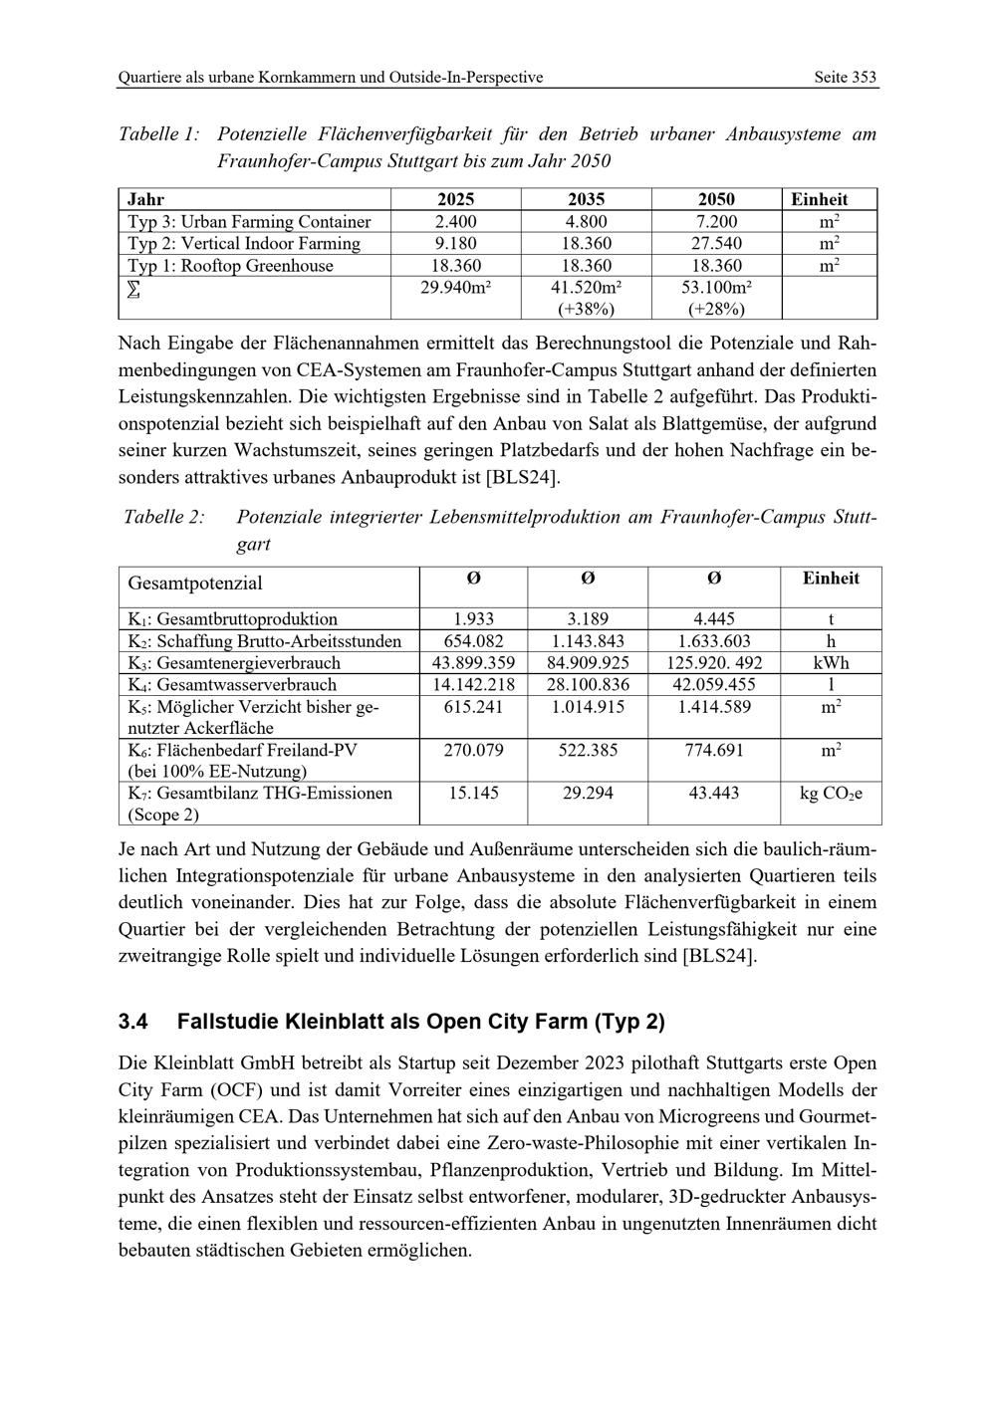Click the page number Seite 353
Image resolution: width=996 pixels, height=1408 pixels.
845,77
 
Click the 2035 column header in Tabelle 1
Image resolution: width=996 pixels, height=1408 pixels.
586,199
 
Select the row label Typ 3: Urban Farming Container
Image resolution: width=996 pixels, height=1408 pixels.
249,222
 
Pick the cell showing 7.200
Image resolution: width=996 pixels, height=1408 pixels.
715,222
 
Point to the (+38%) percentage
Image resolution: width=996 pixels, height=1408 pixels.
586,310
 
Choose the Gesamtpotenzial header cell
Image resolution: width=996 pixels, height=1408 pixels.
195,584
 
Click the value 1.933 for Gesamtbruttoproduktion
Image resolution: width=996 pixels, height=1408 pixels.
473,619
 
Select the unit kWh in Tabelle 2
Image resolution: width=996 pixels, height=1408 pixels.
831,663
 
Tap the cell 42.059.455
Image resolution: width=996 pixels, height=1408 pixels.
714,685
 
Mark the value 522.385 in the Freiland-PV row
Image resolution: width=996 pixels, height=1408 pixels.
588,750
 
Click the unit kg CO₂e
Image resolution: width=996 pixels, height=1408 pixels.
831,794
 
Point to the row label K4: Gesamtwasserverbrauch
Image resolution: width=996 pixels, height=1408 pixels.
232,685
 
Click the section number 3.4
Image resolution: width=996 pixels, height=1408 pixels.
132,1023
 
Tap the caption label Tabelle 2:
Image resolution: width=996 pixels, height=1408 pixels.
164,518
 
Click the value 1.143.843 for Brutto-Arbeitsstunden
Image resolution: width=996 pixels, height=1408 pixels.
588,641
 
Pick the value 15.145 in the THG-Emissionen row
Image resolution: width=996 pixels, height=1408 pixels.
473,794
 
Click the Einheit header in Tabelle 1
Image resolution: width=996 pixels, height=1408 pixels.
819,199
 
